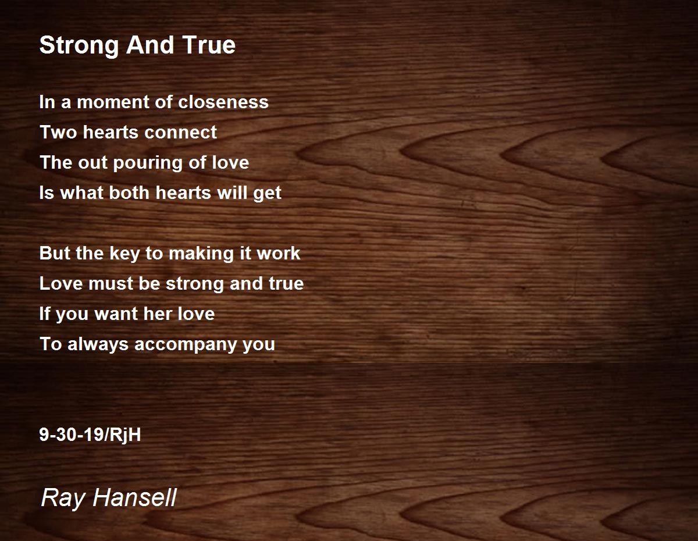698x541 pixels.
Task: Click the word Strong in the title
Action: [79, 45]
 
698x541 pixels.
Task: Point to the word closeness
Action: [223, 102]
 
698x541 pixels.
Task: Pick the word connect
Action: [180, 133]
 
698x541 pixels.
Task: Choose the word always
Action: [98, 344]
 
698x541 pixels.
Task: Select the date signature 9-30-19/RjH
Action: [90, 435]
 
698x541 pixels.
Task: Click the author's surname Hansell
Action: [135, 497]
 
